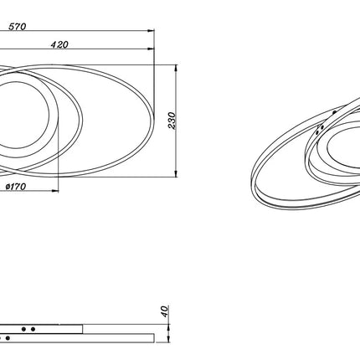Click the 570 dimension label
(17, 27)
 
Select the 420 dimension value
(59, 44)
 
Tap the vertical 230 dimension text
(172, 121)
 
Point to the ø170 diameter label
(16, 187)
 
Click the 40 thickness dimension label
(165, 311)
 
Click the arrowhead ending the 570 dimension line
(152, 31)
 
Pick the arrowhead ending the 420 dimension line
(152, 49)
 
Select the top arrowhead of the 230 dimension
(176, 68)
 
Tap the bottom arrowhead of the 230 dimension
(176, 173)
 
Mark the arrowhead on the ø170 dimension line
(55, 191)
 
